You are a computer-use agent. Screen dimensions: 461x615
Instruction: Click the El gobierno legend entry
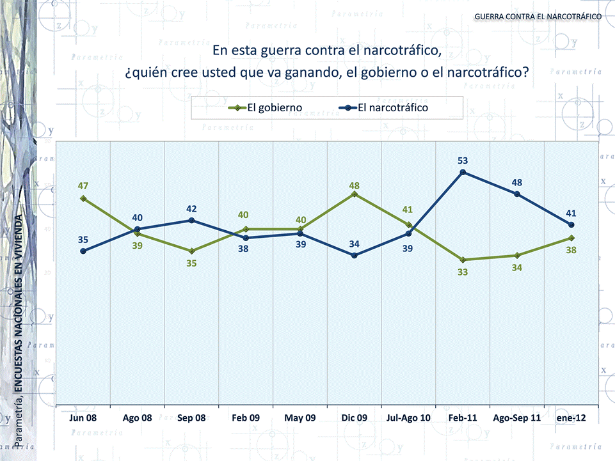pyautogui.click(x=266, y=108)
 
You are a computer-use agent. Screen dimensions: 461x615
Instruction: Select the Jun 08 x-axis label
pyautogui.click(x=83, y=418)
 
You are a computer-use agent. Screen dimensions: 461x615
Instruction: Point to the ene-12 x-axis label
pyautogui.click(x=571, y=418)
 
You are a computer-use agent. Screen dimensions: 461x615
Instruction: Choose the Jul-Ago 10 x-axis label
pyautogui.click(x=408, y=418)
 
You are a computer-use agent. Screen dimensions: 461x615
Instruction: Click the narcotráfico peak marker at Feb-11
pyautogui.click(x=463, y=172)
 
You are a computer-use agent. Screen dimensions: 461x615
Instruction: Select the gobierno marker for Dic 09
pyautogui.click(x=355, y=194)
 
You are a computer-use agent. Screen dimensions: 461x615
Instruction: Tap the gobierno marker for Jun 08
pyautogui.click(x=83, y=198)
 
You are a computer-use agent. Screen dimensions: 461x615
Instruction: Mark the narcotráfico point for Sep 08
pyautogui.click(x=191, y=221)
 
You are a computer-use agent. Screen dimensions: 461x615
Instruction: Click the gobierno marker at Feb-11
pyautogui.click(x=463, y=260)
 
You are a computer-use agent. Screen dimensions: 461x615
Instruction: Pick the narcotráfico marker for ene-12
pyautogui.click(x=571, y=224)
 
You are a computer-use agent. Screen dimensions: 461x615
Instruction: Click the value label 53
pyautogui.click(x=463, y=160)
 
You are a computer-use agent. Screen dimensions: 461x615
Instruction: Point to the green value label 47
pyautogui.click(x=83, y=186)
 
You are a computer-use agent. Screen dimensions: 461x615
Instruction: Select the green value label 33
pyautogui.click(x=463, y=272)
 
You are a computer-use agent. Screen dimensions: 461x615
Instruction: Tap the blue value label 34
pyautogui.click(x=355, y=244)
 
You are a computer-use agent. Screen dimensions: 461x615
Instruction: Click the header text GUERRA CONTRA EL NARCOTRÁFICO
pyautogui.click(x=538, y=15)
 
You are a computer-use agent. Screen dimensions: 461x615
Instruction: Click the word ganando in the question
pyautogui.click(x=309, y=72)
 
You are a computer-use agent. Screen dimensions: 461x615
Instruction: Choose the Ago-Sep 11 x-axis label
pyautogui.click(x=516, y=418)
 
